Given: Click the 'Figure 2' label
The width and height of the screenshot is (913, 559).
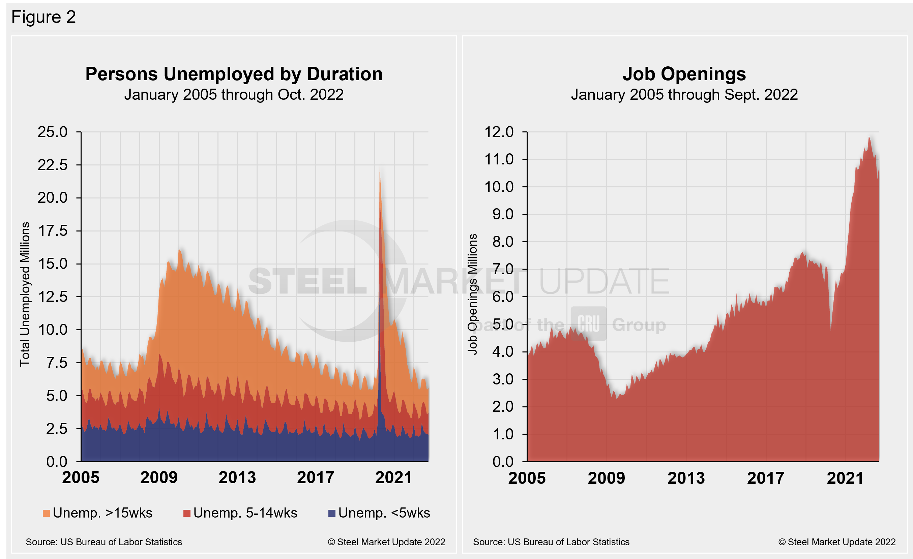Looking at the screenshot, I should click(x=43, y=17).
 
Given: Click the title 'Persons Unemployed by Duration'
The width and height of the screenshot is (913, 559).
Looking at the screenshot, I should click(x=234, y=74).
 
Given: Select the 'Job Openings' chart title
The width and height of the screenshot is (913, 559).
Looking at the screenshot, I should click(x=684, y=74).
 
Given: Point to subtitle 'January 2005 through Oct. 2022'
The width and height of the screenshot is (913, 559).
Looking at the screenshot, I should click(x=234, y=94).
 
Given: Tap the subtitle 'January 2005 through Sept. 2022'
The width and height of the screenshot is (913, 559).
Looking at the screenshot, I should click(x=684, y=94).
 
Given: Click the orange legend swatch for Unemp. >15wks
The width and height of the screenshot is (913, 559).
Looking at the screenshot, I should click(x=46, y=513).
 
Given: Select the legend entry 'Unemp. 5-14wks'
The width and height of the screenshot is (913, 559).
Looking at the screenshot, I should click(x=245, y=513).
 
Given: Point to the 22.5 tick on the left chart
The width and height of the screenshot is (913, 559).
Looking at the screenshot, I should click(x=53, y=165).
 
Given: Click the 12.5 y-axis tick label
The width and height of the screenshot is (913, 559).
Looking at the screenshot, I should click(x=53, y=297).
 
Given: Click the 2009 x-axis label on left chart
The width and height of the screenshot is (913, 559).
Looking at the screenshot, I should click(x=159, y=477).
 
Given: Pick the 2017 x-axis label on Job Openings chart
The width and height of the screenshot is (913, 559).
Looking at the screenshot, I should click(x=766, y=478).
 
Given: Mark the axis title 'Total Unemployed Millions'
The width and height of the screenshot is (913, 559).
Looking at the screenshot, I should click(x=25, y=294).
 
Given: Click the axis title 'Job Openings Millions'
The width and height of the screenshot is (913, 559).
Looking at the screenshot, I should click(x=472, y=294).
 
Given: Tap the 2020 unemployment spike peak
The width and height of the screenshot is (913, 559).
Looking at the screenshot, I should click(x=380, y=168).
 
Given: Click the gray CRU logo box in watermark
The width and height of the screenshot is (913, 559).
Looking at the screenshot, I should click(x=588, y=323).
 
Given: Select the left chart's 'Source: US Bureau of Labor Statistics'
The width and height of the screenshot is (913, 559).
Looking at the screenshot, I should click(x=104, y=542).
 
